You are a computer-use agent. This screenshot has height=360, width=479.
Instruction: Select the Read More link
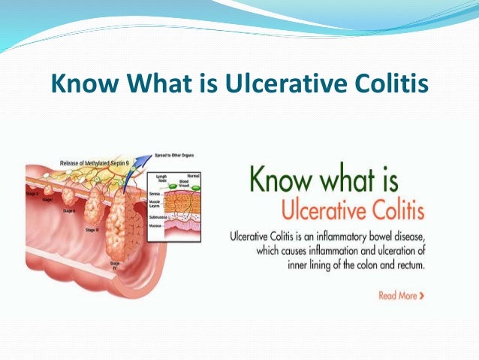(x=397, y=295)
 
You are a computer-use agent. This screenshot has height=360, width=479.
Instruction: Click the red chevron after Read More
(x=422, y=295)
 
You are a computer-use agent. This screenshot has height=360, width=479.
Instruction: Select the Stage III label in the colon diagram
(x=92, y=228)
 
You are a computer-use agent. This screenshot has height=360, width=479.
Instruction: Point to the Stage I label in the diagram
(x=47, y=199)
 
